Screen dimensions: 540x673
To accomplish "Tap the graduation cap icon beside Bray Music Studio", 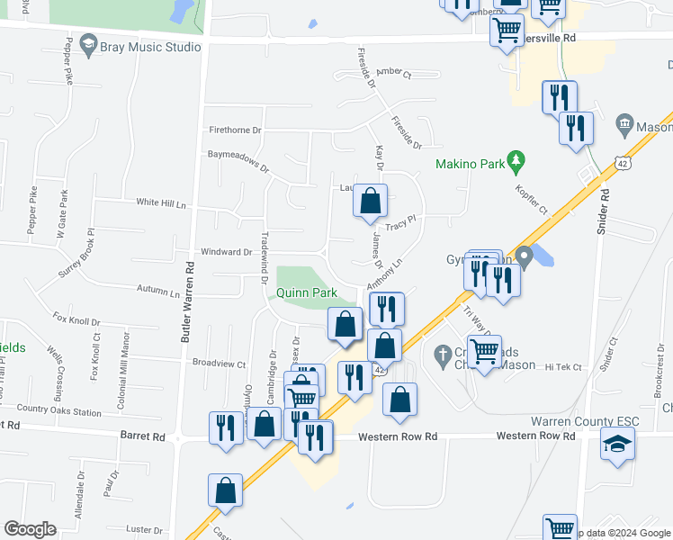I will pos(88,44).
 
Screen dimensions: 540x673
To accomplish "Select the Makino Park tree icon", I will pos(516,163).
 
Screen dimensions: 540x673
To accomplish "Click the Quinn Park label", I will pos(306,292).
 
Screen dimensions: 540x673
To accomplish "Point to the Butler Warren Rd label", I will pos(188,302).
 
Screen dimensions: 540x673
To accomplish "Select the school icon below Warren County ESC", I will pos(617,445).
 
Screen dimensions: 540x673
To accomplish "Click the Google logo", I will pos(30,528).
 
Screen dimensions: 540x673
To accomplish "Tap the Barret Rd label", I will pos(143,436).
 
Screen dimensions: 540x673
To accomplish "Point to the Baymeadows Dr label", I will pos(239,160).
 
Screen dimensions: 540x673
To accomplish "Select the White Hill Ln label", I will pos(161,203).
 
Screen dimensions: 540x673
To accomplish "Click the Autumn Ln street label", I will pos(159,292).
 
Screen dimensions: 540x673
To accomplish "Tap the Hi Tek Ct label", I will pos(564,367).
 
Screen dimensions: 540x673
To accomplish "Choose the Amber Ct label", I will pos(393,73).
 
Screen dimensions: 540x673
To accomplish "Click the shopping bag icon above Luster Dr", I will pos(226,490).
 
